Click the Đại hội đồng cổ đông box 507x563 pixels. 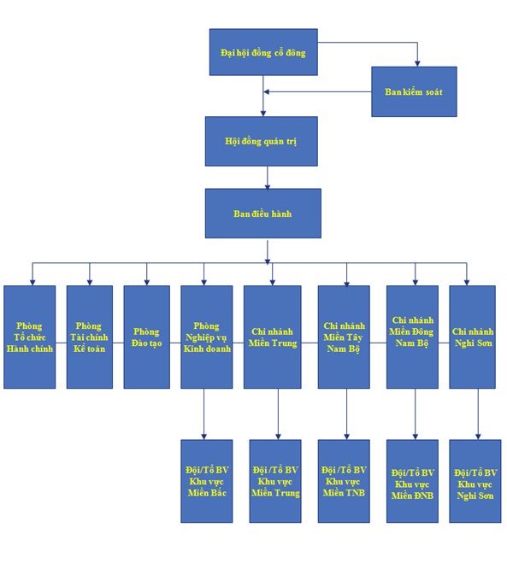(x=263, y=52)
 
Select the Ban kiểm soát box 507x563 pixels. (x=414, y=91)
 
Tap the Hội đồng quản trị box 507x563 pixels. (x=262, y=141)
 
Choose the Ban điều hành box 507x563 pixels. (x=263, y=214)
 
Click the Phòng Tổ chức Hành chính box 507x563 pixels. (x=29, y=337)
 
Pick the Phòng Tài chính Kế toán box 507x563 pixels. (x=90, y=337)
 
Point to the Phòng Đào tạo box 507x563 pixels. (x=146, y=337)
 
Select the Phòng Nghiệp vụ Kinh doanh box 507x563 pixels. (x=207, y=337)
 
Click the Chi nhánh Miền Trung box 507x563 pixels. (x=273, y=337)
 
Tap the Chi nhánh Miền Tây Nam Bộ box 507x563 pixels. (x=344, y=337)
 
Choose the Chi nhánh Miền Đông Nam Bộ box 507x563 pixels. (x=412, y=337)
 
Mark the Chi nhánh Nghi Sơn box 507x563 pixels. (x=473, y=337)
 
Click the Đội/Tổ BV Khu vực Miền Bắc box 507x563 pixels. (x=207, y=481)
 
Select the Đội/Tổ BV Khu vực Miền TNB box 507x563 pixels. (x=344, y=481)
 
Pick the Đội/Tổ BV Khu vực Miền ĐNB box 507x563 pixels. (x=412, y=481)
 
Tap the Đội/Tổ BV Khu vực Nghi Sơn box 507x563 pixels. (x=475, y=481)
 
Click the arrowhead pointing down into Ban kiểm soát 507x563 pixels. (x=417, y=63)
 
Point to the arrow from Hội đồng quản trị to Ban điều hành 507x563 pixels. (x=268, y=178)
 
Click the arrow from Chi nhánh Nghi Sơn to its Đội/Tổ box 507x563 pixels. (x=478, y=414)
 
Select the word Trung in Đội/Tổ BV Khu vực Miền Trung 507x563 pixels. (x=287, y=493)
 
